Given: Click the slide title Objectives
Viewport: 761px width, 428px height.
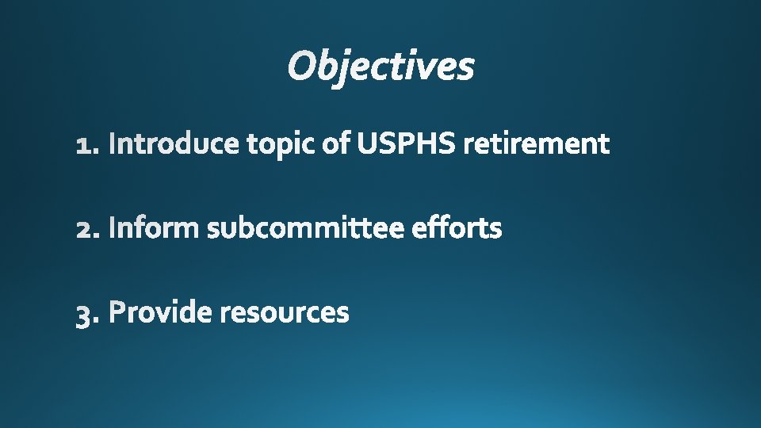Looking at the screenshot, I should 380,66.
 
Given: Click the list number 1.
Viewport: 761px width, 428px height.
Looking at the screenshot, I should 86,145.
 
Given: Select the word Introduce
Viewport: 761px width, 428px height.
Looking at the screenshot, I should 174,144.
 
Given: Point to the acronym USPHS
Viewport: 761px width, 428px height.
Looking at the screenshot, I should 406,144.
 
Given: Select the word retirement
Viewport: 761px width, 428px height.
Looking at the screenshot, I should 537,144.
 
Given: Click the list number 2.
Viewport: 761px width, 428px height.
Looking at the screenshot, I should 86,230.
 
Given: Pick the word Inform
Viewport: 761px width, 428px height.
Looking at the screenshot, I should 154,228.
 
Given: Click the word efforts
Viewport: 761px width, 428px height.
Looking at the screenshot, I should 457,228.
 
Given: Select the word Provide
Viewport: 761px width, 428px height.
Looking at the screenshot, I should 161,312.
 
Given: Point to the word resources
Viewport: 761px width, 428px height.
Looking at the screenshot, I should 284,313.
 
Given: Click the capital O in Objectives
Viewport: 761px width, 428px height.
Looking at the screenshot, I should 302,67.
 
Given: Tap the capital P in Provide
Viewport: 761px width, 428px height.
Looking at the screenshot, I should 117,312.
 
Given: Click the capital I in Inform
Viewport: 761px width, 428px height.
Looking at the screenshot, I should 112,228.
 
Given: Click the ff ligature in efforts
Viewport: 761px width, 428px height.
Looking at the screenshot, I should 437,228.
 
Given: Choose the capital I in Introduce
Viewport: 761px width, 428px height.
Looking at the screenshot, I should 112,144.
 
